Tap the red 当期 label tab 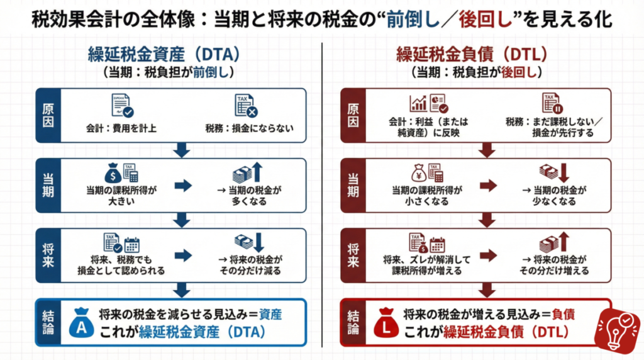point(353,184)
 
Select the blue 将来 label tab point(48,255)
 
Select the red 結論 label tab point(353,322)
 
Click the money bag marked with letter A point(82,322)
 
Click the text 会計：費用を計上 point(121,130)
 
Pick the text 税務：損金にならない point(249,130)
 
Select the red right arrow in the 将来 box point(488,255)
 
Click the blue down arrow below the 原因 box point(182,150)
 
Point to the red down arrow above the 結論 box point(487,290)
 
